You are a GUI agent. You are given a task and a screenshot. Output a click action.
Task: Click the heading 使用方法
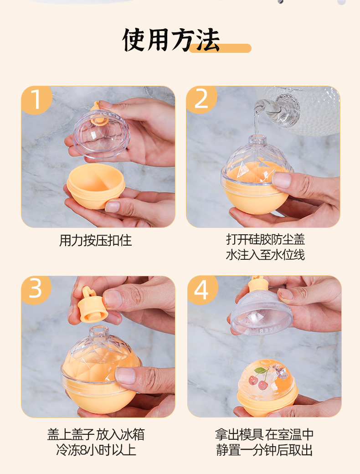(x=171, y=40)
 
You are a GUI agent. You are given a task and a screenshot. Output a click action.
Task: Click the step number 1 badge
(x=36, y=100)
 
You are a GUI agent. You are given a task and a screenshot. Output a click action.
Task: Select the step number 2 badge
(x=201, y=99)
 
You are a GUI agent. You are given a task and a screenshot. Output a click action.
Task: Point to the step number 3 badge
(x=36, y=289)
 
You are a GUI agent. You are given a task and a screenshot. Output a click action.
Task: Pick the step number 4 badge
(x=202, y=289)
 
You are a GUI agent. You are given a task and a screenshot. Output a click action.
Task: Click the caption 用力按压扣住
(x=95, y=241)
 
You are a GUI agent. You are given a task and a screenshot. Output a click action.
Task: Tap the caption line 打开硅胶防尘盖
(x=265, y=239)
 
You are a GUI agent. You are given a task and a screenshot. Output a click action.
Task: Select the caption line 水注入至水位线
(x=265, y=255)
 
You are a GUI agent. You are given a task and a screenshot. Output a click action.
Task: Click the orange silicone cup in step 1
(x=96, y=186)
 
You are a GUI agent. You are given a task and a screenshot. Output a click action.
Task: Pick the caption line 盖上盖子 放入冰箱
(x=96, y=434)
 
